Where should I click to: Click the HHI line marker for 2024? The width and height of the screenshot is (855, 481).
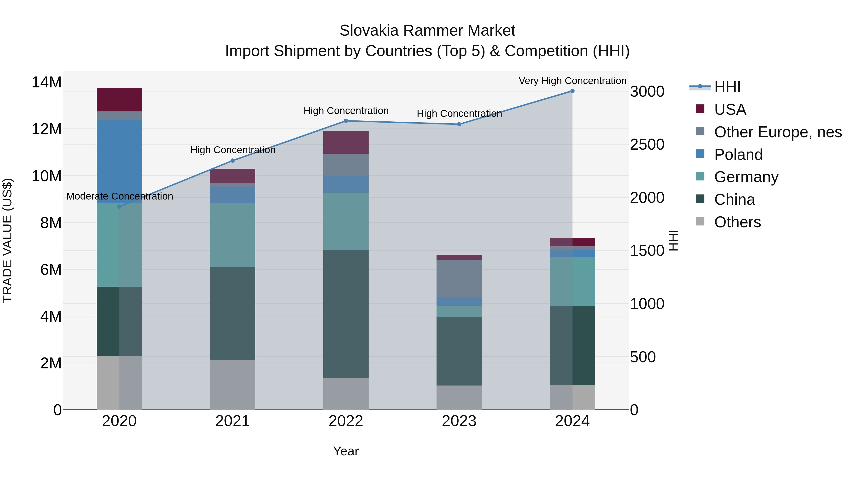tap(572, 91)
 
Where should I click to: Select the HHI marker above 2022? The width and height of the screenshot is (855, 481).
tap(346, 121)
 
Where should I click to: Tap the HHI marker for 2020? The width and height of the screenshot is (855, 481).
tap(119, 206)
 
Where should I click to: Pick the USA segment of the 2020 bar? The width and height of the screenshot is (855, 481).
tap(119, 100)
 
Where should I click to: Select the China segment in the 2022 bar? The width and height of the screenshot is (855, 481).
tap(346, 314)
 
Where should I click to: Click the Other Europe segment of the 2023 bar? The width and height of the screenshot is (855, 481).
tap(459, 278)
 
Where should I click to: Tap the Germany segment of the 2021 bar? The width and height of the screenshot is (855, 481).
tap(232, 235)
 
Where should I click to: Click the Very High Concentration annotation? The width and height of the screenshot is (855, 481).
tap(572, 81)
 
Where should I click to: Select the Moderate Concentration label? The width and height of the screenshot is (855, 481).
tap(119, 196)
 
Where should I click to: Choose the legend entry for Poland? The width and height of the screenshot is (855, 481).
tap(738, 155)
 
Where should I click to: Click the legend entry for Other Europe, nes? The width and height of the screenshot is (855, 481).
tap(778, 132)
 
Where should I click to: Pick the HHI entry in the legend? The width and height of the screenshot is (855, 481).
tap(727, 87)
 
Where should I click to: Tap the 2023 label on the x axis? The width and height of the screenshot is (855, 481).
tap(459, 421)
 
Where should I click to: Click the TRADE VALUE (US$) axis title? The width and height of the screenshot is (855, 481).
tap(7, 240)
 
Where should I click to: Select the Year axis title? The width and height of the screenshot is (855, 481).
tap(346, 451)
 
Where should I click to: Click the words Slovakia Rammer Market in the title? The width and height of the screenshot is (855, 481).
tap(427, 31)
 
